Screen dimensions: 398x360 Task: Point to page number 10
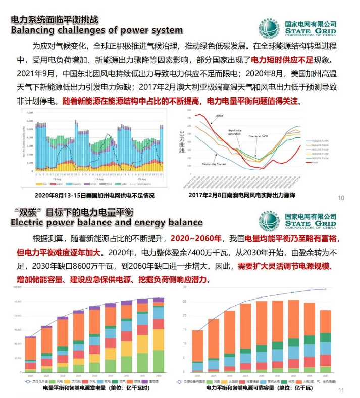(341, 197)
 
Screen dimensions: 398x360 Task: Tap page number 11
(341, 390)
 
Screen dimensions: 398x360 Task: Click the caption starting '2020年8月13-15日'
(94, 195)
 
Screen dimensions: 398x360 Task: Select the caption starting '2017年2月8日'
(242, 195)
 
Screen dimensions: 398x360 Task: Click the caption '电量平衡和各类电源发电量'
(96, 389)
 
